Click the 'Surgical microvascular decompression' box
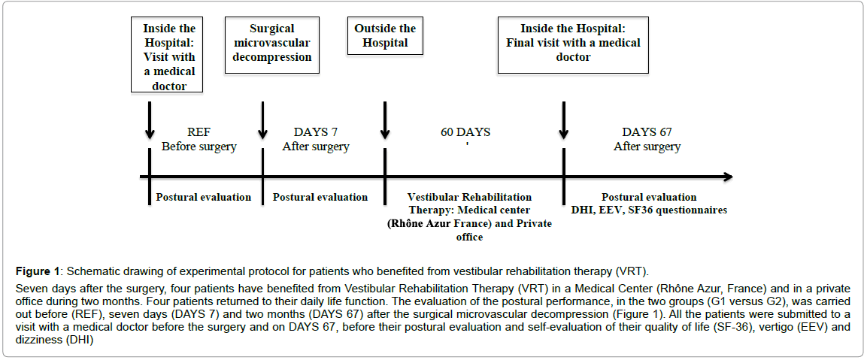click(273, 45)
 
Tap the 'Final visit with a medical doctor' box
click(574, 45)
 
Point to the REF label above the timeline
click(199, 133)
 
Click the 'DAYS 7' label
click(316, 133)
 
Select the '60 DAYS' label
click(465, 133)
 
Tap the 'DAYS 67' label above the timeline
click(647, 133)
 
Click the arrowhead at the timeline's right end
click(728, 177)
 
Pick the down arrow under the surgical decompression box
click(262, 120)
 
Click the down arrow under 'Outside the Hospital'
click(385, 120)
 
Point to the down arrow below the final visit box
click(563, 120)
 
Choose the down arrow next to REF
click(150, 120)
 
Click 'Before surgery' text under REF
click(199, 147)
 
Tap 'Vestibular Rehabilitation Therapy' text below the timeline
click(469, 203)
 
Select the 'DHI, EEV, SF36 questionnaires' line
click(649, 210)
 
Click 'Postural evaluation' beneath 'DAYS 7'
click(320, 198)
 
